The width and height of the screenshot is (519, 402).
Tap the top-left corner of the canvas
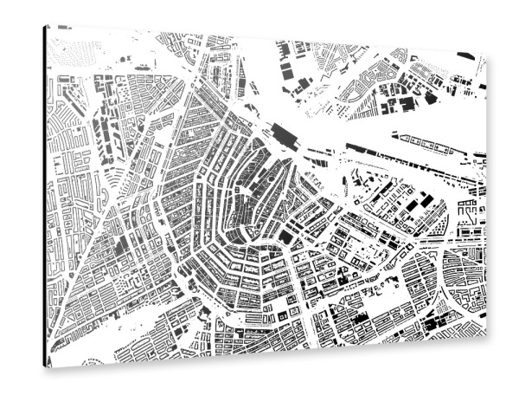tap(46, 26)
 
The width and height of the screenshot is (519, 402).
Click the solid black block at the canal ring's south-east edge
tap(286, 235)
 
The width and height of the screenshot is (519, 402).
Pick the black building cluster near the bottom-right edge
tap(441, 321)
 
